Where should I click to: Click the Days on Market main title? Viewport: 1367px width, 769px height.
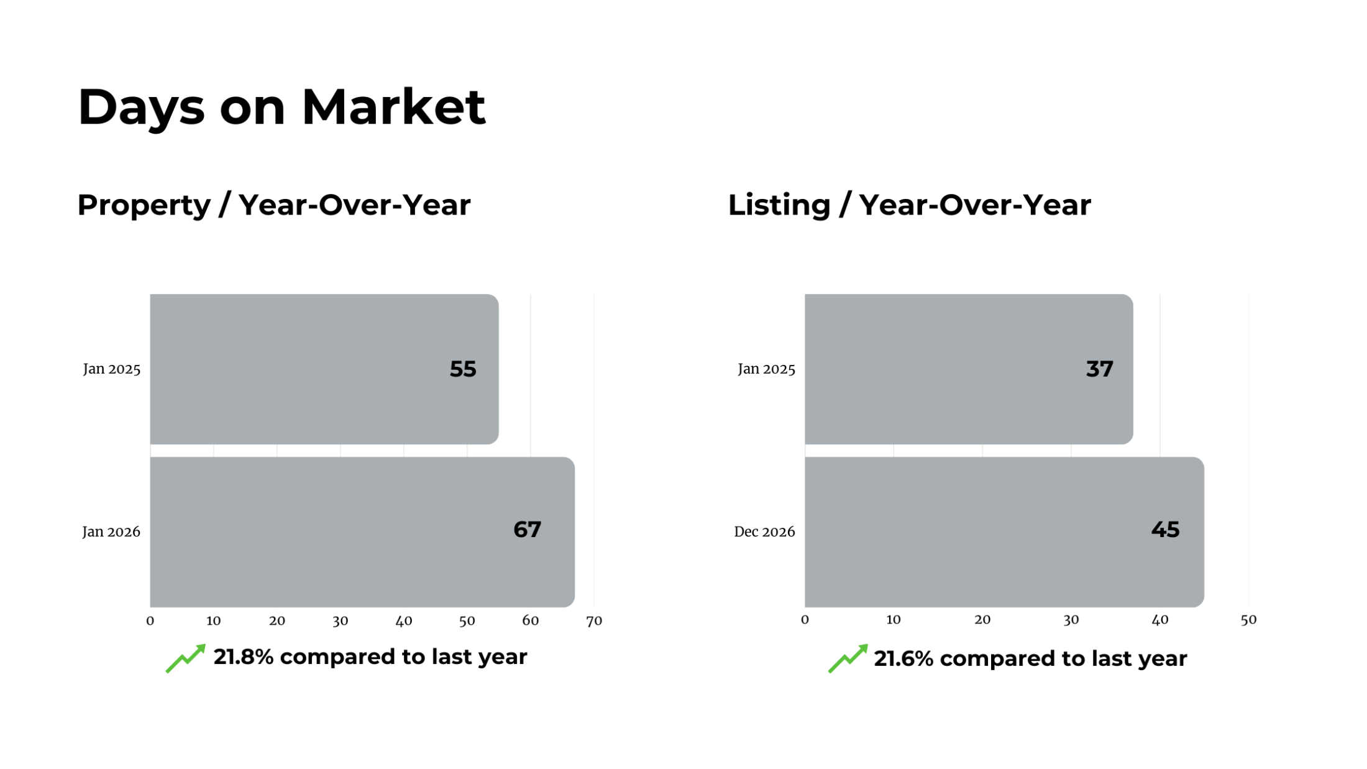tap(281, 107)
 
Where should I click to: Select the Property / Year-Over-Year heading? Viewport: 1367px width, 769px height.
tap(274, 205)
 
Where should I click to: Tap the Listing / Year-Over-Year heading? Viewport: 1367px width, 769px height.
tap(909, 205)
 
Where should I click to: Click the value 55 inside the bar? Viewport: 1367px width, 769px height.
tap(463, 369)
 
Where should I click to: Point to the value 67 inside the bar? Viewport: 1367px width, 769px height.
tap(527, 529)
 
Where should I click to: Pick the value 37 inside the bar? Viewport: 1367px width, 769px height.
tap(1099, 369)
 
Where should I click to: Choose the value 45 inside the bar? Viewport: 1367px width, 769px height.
tap(1165, 529)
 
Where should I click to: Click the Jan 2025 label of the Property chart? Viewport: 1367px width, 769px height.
tap(112, 369)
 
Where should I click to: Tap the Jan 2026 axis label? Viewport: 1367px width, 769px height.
tap(111, 532)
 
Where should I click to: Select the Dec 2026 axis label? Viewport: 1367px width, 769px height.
tap(764, 532)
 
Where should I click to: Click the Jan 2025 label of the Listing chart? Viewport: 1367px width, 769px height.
tap(766, 369)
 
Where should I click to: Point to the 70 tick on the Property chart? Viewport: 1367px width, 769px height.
tap(594, 620)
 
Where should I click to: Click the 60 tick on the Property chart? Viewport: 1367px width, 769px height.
tap(530, 620)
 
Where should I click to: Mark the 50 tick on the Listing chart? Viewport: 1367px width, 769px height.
tap(1248, 619)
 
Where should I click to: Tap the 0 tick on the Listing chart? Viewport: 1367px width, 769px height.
tap(805, 619)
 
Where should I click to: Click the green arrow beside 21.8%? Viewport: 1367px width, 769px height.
tap(185, 658)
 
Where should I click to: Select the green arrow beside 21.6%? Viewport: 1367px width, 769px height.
tap(848, 658)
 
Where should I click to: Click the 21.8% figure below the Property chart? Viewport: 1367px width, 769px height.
tap(243, 656)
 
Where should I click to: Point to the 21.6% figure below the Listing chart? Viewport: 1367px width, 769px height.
tap(903, 658)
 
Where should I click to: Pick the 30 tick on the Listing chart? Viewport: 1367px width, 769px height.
tap(1071, 619)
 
